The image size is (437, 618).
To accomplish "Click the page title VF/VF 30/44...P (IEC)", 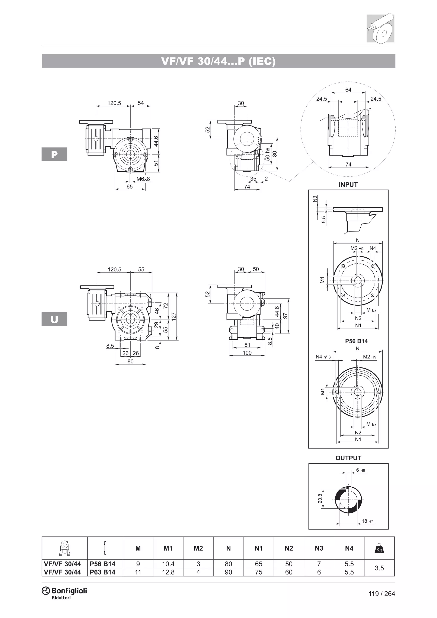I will [218, 61].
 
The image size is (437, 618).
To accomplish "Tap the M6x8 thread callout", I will [143, 179].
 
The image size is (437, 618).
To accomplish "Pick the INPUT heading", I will [348, 185].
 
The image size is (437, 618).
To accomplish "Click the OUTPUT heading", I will [348, 458].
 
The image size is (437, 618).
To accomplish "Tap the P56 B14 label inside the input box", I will [356, 341].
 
